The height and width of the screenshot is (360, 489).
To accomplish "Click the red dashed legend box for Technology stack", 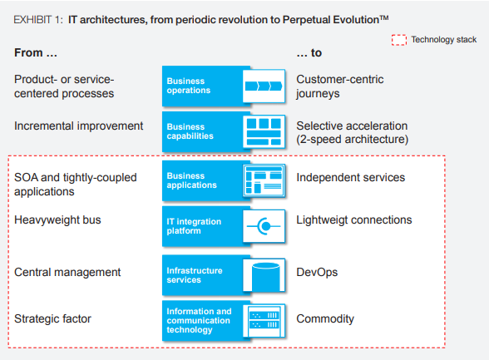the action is [x=399, y=40].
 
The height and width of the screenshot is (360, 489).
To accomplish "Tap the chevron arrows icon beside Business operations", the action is [x=264, y=86].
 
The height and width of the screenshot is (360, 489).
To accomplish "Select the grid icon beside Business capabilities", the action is [x=264, y=131].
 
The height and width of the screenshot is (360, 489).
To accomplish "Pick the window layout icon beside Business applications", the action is [x=264, y=180].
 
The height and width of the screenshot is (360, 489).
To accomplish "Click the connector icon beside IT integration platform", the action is [x=264, y=226].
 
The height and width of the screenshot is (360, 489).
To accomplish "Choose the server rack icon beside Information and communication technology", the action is [x=264, y=321].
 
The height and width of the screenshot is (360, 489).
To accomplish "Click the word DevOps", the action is [x=317, y=273].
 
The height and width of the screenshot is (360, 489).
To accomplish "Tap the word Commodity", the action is [x=325, y=319].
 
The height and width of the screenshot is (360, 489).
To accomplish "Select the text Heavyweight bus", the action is [x=57, y=220].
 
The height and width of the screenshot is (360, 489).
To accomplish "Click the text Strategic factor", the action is [x=52, y=319].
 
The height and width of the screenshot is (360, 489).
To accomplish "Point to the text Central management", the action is [x=67, y=273].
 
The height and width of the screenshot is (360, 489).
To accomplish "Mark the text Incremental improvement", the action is [x=78, y=126].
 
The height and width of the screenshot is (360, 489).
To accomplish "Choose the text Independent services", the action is [x=351, y=177].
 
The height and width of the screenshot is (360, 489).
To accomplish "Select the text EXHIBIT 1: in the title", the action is [x=38, y=20].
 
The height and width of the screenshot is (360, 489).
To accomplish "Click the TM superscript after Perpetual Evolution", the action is [x=384, y=17].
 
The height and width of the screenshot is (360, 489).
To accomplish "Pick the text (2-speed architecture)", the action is [x=353, y=140].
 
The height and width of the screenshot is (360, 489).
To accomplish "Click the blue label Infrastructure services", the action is [x=195, y=275].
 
